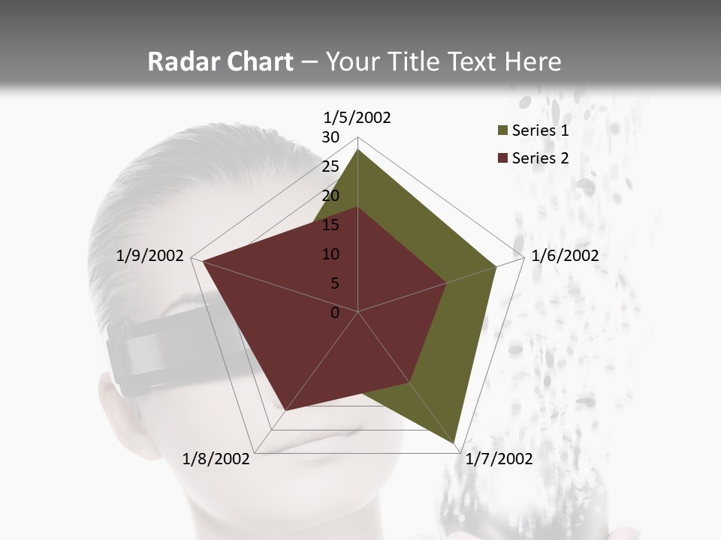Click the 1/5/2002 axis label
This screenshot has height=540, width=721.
[x=357, y=118]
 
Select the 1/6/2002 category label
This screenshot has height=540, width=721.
[x=565, y=256]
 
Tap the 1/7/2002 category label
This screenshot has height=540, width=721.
[x=499, y=459]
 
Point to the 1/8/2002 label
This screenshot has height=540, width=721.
[x=216, y=459]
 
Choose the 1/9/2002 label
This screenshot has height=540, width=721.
[x=150, y=256]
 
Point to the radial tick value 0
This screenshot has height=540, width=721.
[x=335, y=313]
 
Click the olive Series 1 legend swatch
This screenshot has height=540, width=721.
[x=501, y=131]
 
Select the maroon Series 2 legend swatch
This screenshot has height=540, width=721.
[x=501, y=158]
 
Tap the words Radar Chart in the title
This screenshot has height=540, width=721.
[x=220, y=62]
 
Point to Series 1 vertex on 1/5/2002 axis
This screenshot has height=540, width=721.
[x=357, y=150]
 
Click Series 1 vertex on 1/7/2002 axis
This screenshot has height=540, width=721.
[x=456, y=442]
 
